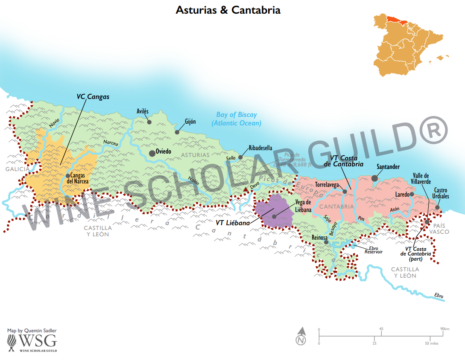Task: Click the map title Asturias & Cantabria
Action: pyautogui.click(x=228, y=10)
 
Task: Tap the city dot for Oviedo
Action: pyautogui.click(x=152, y=153)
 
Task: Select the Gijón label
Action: pyautogui.click(x=190, y=122)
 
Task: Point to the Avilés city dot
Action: pyautogui.click(x=149, y=122)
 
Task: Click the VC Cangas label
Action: pyautogui.click(x=93, y=97)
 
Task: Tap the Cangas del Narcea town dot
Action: pyautogui.click(x=67, y=176)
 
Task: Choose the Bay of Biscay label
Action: pyautogui.click(x=236, y=119)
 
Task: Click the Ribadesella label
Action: pyautogui.click(x=260, y=148)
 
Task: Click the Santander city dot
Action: pyautogui.click(x=374, y=178)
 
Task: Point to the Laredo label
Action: pyautogui.click(x=402, y=194)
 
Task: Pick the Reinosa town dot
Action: pyautogui.click(x=326, y=242)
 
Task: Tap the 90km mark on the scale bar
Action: pyautogui.click(x=445, y=329)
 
